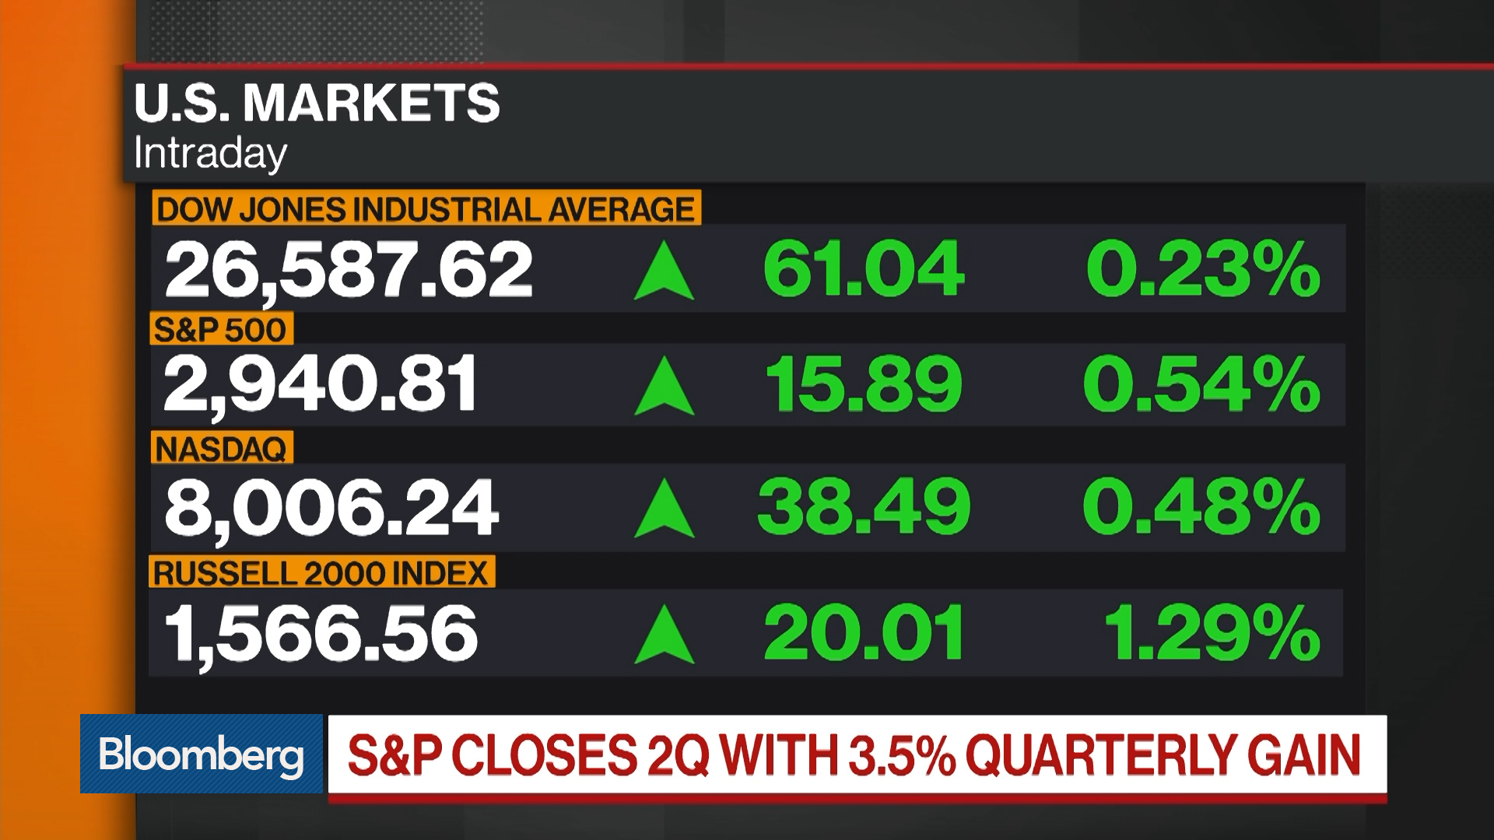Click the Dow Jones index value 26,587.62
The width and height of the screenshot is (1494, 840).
[349, 269]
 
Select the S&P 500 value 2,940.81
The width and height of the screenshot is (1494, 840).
[321, 383]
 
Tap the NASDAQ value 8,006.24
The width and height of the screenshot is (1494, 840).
[331, 508]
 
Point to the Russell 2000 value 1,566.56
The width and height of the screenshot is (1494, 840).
[321, 634]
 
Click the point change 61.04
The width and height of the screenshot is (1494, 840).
[864, 269]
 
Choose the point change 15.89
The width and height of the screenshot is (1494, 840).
[864, 383]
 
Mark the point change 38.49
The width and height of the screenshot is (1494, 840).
[864, 508]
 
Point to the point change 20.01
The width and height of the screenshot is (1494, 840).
[864, 634]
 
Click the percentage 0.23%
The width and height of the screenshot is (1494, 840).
[1203, 269]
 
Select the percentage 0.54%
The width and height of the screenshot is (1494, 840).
[1201, 383]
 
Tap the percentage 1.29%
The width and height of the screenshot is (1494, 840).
[1212, 634]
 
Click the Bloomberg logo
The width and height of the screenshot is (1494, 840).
[201, 754]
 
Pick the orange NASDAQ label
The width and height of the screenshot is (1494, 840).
[222, 449]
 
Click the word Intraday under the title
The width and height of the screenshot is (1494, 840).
[210, 153]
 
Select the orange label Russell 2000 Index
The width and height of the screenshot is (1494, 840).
[321, 573]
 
